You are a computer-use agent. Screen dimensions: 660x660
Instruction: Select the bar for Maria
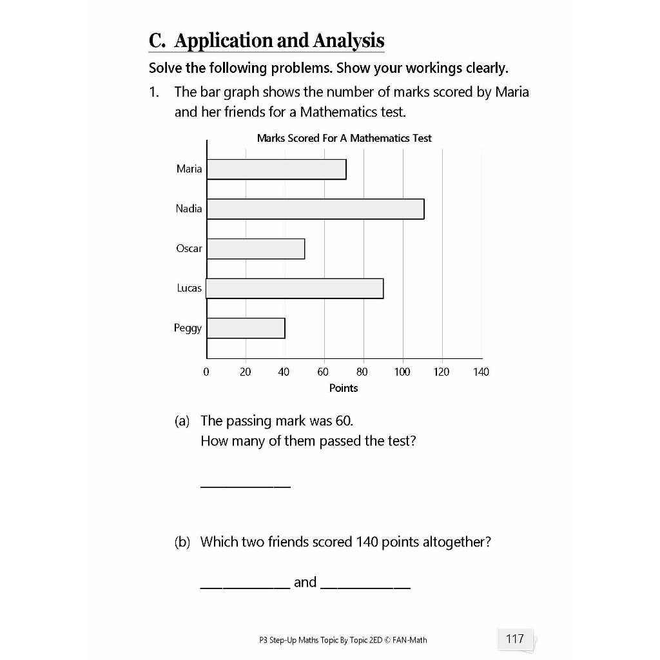click(x=277, y=169)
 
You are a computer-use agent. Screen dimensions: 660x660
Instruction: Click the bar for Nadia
click(x=315, y=209)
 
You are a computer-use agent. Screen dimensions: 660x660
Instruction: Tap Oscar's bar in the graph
click(x=256, y=249)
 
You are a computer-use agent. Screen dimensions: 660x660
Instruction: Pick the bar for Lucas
click(x=295, y=288)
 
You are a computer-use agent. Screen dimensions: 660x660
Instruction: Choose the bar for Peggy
click(x=246, y=328)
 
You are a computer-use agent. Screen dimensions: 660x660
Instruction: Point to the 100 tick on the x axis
click(x=402, y=372)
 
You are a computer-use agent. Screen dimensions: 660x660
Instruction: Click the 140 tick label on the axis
click(x=481, y=372)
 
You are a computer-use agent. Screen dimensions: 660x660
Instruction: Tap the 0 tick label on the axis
click(x=206, y=372)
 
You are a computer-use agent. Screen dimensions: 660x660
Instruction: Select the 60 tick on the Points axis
click(x=323, y=372)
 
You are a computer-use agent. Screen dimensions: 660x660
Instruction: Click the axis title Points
click(x=344, y=388)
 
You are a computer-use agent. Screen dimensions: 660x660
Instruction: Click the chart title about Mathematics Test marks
click(x=344, y=138)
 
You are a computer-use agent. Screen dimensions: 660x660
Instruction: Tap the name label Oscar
click(x=189, y=248)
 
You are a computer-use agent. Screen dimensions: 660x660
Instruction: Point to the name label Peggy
click(x=188, y=328)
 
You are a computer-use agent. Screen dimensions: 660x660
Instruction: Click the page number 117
click(x=515, y=639)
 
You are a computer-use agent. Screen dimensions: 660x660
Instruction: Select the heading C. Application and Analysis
click(x=266, y=41)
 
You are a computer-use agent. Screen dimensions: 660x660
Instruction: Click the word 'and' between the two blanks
click(x=306, y=582)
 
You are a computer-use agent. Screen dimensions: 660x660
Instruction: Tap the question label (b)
click(x=182, y=542)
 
